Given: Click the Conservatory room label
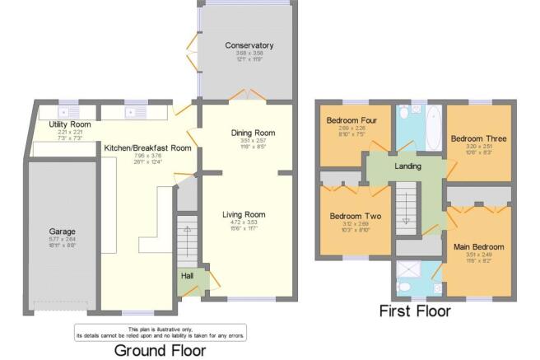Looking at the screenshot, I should [249, 45].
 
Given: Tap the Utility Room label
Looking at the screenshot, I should [69, 124].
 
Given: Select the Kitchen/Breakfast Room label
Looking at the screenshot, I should [147, 148].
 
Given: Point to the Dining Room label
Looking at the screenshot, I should [253, 133].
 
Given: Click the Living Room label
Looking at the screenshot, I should [244, 214].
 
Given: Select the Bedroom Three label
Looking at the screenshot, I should [478, 138].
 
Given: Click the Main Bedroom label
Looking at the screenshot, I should [478, 246].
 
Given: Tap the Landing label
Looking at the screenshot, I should [407, 166].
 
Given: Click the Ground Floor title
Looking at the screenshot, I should [161, 350].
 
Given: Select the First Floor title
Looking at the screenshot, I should [415, 311].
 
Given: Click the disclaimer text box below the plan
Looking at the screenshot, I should [160, 332].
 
